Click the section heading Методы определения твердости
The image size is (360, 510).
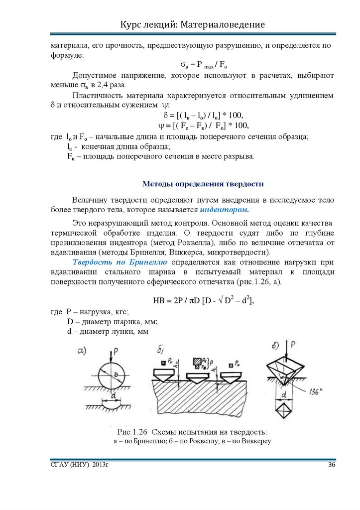click(203, 184)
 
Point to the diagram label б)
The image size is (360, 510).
click(161, 352)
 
